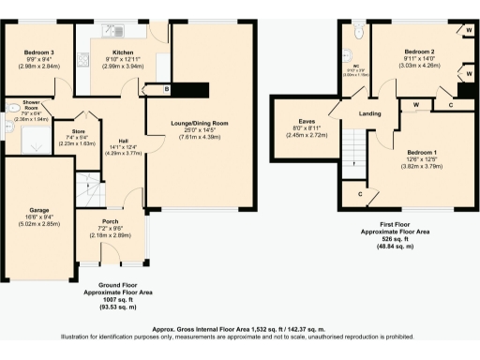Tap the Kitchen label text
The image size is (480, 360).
tap(125, 52)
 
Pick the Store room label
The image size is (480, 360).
tap(83, 131)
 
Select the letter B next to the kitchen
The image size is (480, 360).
tap(167, 89)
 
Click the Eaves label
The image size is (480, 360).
tap(306, 121)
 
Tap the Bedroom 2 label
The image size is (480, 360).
tap(419, 51)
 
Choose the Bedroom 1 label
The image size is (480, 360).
tap(422, 151)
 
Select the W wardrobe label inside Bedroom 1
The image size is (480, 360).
tap(414, 104)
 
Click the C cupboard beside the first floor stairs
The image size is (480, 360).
tap(363, 194)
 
